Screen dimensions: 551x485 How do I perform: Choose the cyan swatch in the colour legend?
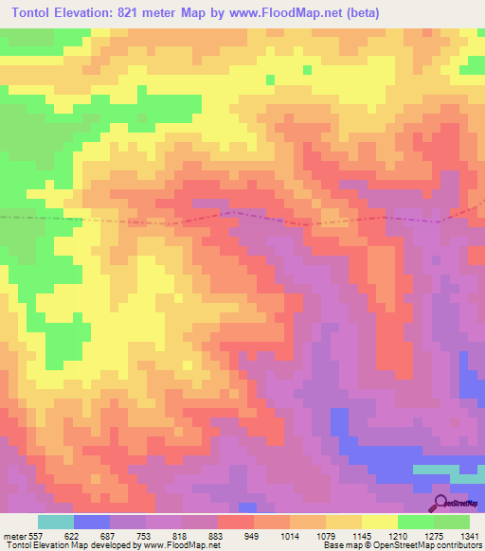point(55,522)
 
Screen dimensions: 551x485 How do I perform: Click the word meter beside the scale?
point(15,535)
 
